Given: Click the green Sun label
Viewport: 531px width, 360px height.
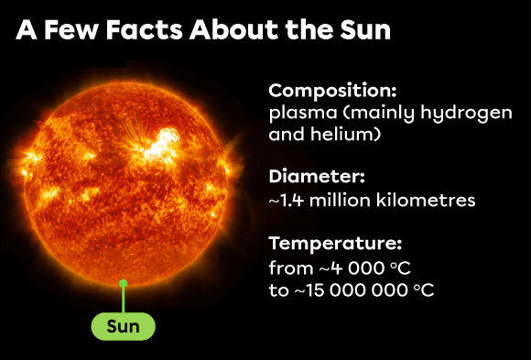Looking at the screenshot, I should click(124, 326).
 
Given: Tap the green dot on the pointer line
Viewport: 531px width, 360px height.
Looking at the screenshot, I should click(124, 284).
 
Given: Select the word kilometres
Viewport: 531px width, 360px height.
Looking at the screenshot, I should click(430, 199).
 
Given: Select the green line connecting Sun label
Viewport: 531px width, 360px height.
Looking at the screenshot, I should click(124, 300).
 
